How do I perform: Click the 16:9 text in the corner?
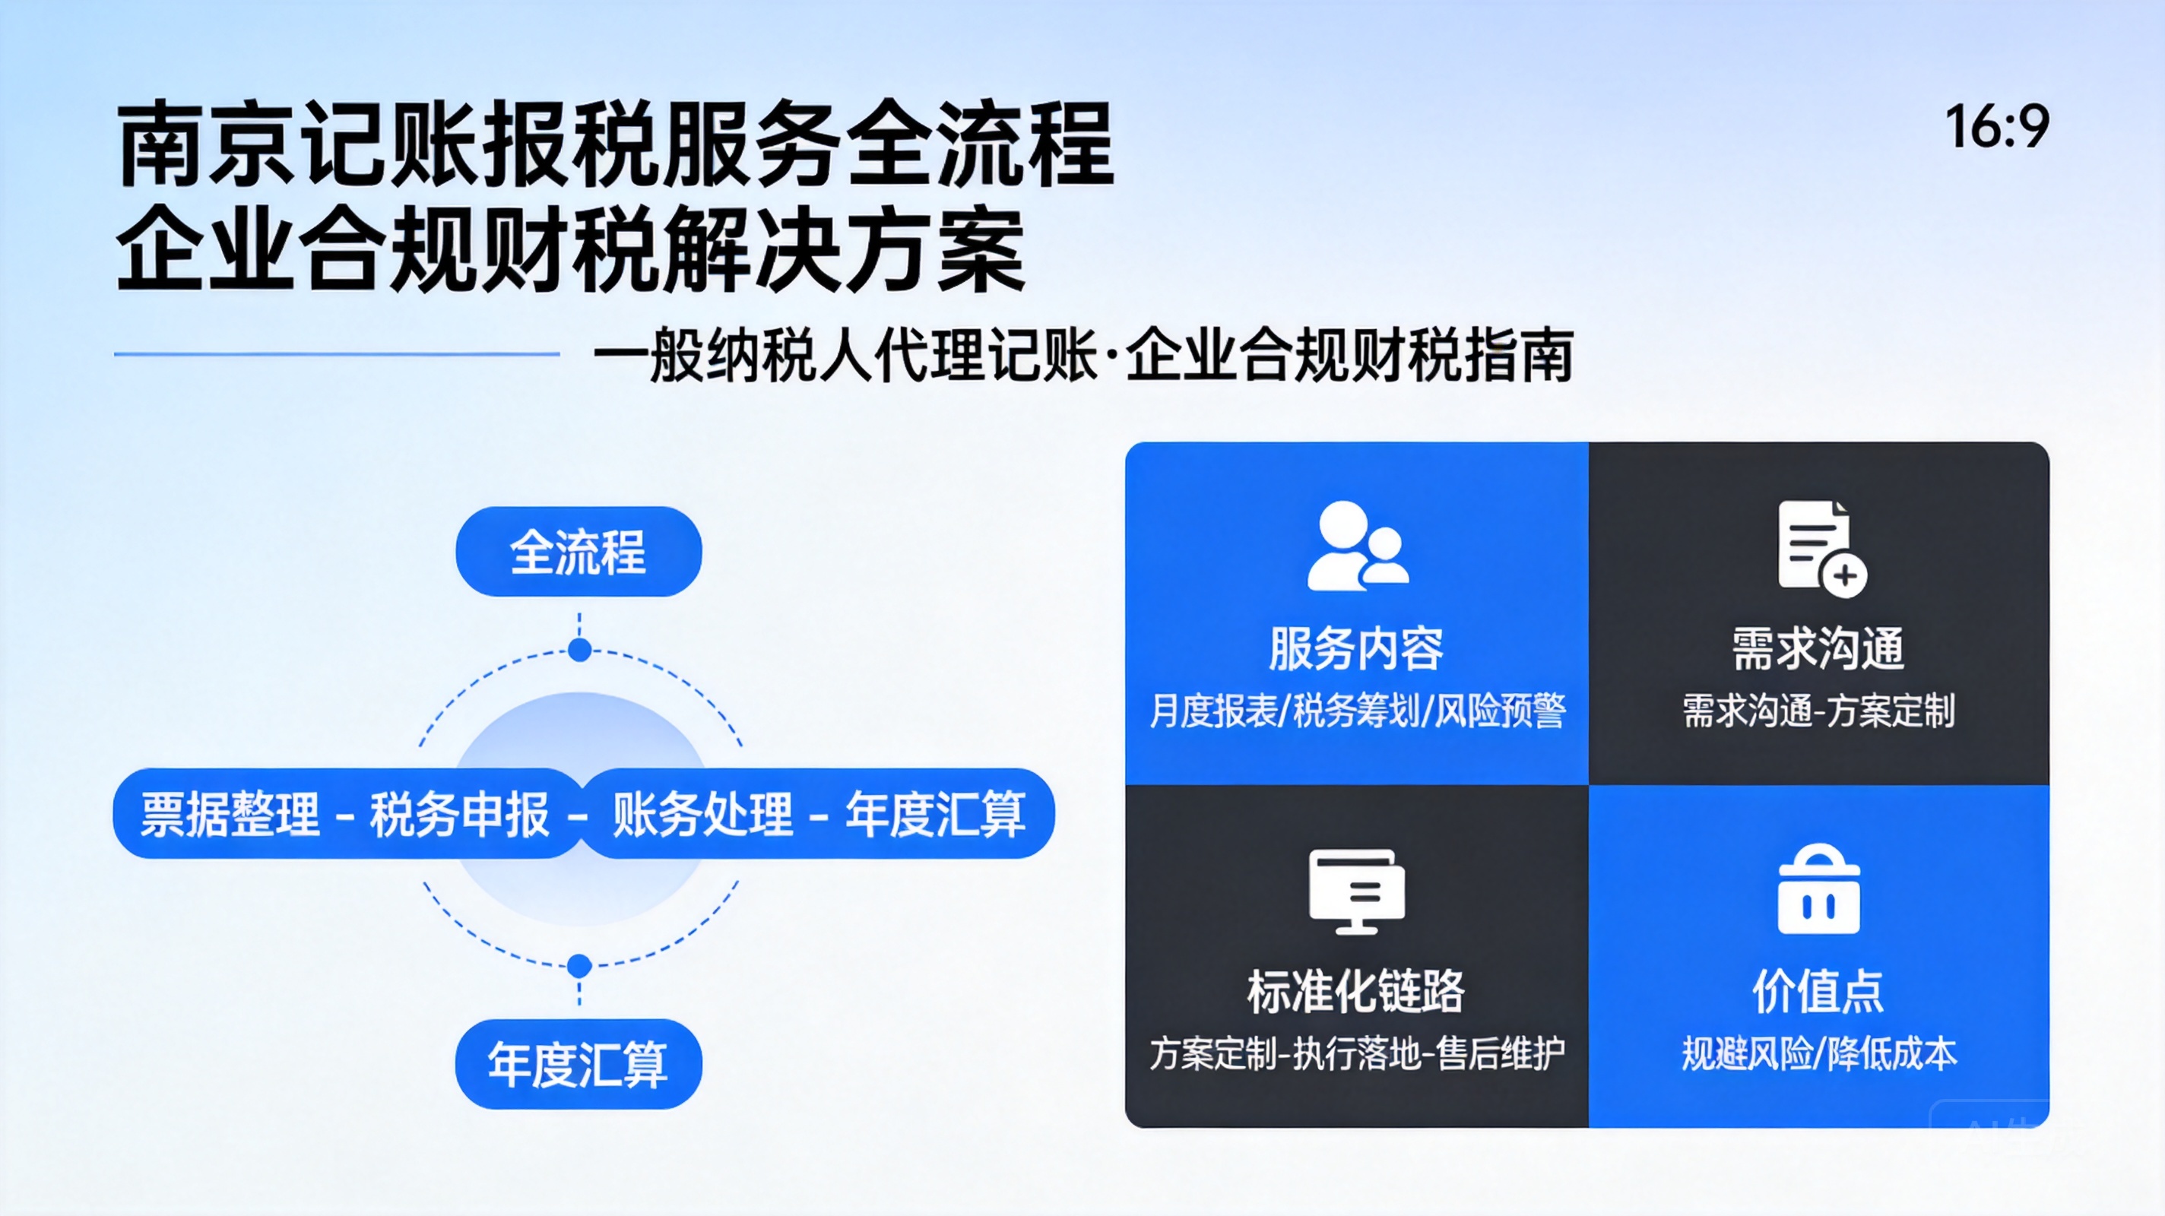[x=1998, y=127]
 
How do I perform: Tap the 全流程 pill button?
[x=578, y=551]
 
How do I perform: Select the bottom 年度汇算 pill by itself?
[x=578, y=1064]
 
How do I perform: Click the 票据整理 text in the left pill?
[x=230, y=813]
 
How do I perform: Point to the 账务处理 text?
[x=702, y=813]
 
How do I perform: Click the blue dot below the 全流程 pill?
[x=579, y=650]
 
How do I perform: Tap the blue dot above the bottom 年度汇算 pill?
[x=579, y=965]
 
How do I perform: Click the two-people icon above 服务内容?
[x=1358, y=546]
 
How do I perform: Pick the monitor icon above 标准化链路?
[x=1356, y=891]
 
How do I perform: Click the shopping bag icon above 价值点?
[x=1818, y=889]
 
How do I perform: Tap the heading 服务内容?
[x=1356, y=649]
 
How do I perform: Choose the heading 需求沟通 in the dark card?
[x=1818, y=649]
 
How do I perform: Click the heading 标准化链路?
[x=1355, y=992]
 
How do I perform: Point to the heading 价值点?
[x=1818, y=992]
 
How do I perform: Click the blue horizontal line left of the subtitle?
[x=337, y=354]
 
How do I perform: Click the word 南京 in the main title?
[x=207, y=144]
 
